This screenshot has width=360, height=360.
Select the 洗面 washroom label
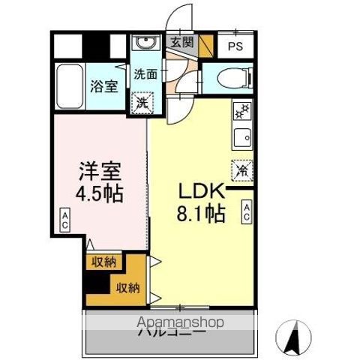[x=145, y=73]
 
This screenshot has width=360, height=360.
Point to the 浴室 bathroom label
[x=104, y=86]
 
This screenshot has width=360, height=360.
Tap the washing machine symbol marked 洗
[x=141, y=102]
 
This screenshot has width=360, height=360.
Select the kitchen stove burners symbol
[x=242, y=112]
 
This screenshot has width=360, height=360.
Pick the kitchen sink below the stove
[x=242, y=136]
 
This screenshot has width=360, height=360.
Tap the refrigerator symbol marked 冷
[x=241, y=169]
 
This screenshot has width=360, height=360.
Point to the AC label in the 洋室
[x=65, y=221]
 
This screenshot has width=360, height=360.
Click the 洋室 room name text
[x=99, y=171]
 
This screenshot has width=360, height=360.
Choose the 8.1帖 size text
[x=199, y=214]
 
